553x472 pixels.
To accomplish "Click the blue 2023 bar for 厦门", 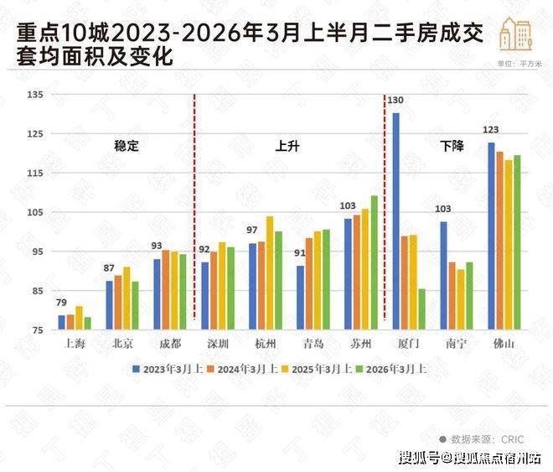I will [x=396, y=221].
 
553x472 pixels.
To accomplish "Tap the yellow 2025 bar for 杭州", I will [x=270, y=273].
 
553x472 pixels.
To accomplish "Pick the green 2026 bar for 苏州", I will [x=374, y=262].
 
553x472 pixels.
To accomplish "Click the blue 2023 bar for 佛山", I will [x=492, y=236].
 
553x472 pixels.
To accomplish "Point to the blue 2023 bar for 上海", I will [x=61, y=323].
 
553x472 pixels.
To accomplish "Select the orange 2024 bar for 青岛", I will [x=309, y=284].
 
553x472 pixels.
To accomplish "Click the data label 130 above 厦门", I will [x=395, y=101].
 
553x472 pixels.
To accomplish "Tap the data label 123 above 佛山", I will [x=491, y=131].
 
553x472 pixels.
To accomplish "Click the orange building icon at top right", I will [x=516, y=34].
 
